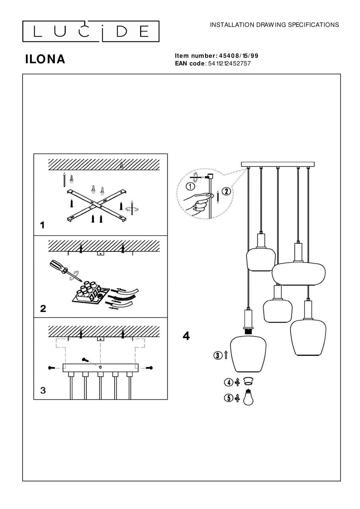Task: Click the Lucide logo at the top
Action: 91,31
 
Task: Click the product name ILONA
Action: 45,59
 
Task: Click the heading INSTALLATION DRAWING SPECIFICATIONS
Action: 274,25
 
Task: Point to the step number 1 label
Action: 42,225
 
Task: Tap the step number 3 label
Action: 43,391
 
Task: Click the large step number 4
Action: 186,336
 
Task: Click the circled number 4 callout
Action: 228,382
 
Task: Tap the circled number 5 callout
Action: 228,398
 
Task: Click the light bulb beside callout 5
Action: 248,397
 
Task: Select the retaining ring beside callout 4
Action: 247,381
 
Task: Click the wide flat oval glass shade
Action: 298,273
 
